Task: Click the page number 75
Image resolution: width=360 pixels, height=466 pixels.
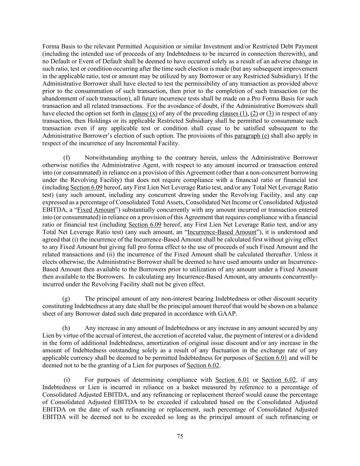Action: click(180, 436)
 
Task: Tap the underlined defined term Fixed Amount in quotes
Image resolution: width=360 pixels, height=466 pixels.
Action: click(96, 210)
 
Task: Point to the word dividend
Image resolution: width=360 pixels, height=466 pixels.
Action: click(306, 336)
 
